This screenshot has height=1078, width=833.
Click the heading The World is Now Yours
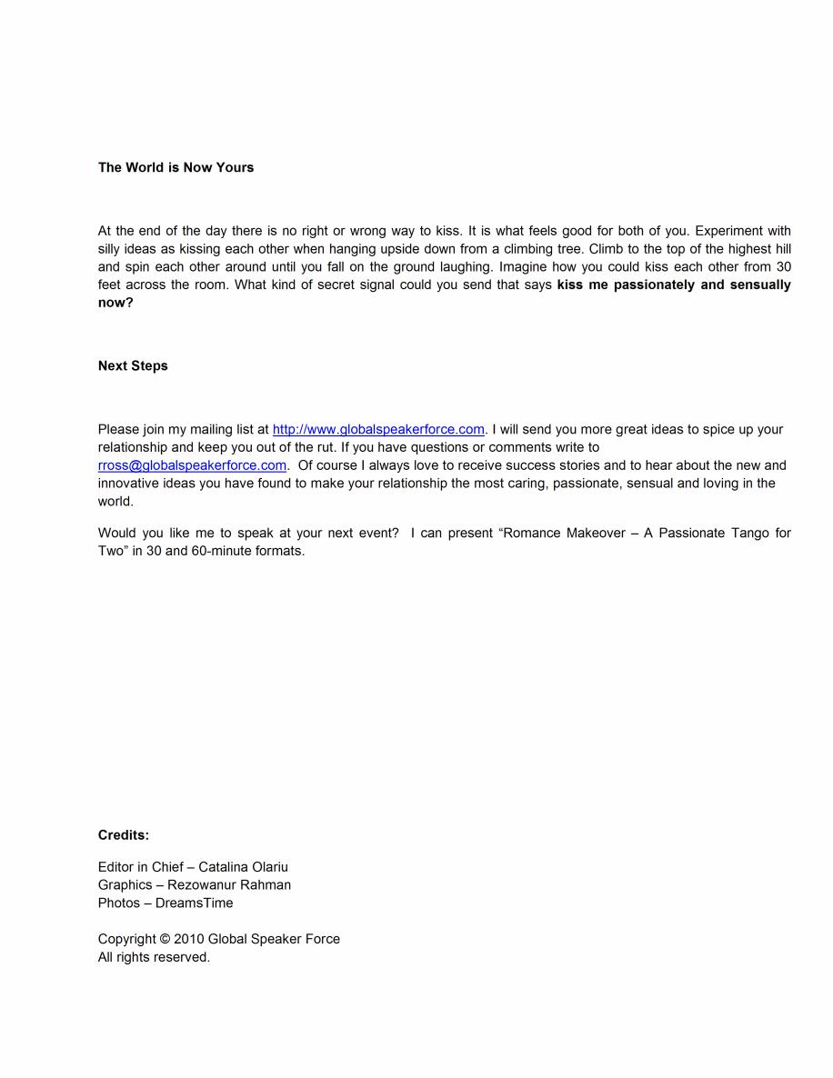click(x=176, y=167)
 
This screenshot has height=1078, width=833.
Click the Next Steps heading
click(x=133, y=366)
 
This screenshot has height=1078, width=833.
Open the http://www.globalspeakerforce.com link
click(x=378, y=430)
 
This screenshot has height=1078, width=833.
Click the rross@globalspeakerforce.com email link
click(x=192, y=465)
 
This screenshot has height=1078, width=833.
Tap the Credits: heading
click(x=124, y=835)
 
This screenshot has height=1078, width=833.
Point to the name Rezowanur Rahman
click(x=229, y=885)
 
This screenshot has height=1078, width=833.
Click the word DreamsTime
click(x=194, y=903)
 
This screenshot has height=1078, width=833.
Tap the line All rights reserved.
click(x=154, y=957)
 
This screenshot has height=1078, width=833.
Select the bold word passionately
click(x=653, y=285)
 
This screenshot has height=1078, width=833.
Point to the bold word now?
click(x=115, y=304)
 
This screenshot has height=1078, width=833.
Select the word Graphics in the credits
click(x=125, y=885)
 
